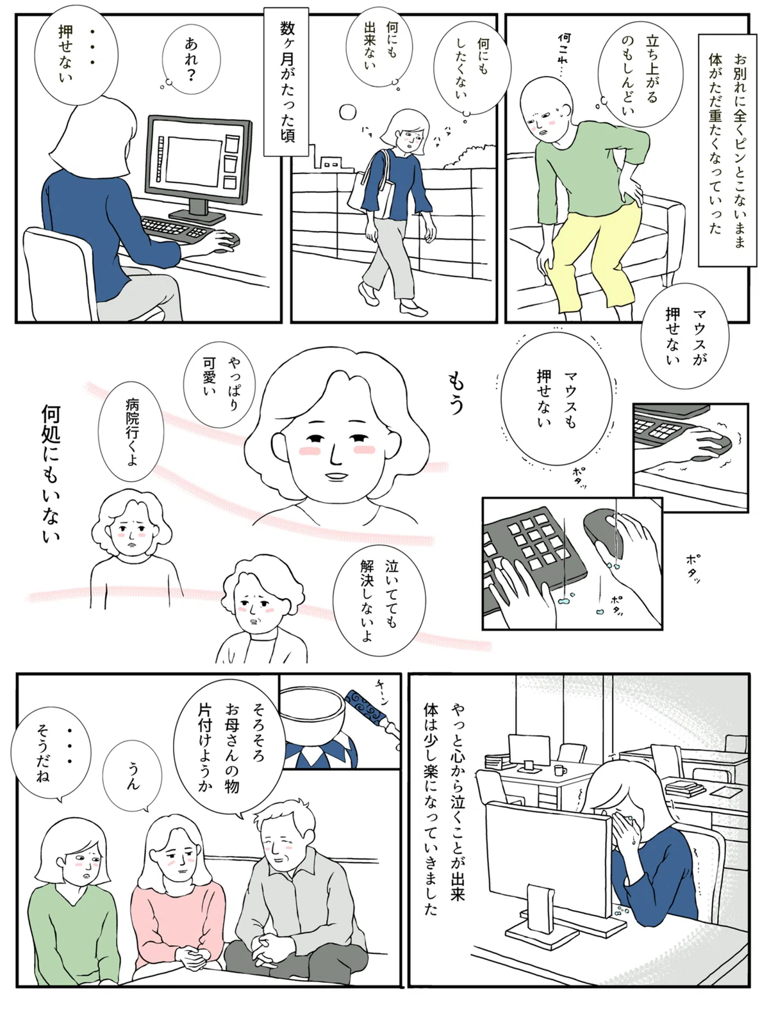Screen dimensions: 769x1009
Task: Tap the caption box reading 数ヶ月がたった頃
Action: (x=286, y=82)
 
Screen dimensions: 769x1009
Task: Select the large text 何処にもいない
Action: (x=51, y=474)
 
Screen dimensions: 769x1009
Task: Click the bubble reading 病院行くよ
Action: (x=131, y=433)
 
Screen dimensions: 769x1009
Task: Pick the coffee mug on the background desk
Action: (x=559, y=770)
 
